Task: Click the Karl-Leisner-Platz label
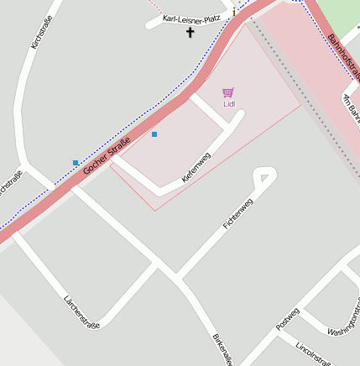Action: point(191,18)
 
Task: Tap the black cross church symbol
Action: point(190,34)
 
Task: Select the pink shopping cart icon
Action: point(228,92)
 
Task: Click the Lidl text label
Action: point(229,104)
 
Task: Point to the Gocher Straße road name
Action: point(107,150)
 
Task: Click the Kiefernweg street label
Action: point(196,168)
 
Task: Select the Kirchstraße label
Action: point(41,31)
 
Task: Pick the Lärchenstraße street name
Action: point(81,311)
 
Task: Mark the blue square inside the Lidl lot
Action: point(154,134)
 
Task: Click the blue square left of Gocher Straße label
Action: point(76,162)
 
